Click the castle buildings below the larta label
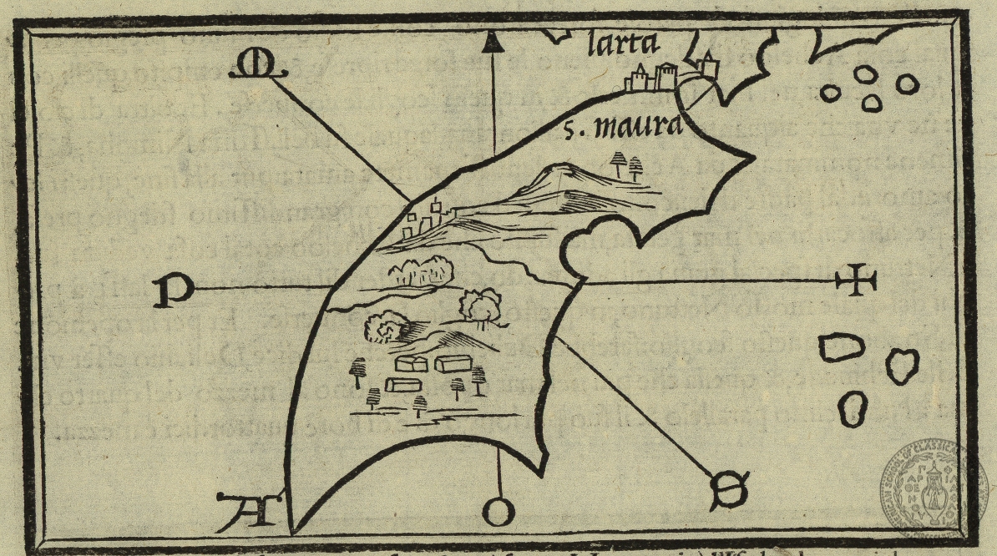[x=655, y=78]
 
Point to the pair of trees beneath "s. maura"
[x=628, y=165]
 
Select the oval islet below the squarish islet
[x=851, y=407]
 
